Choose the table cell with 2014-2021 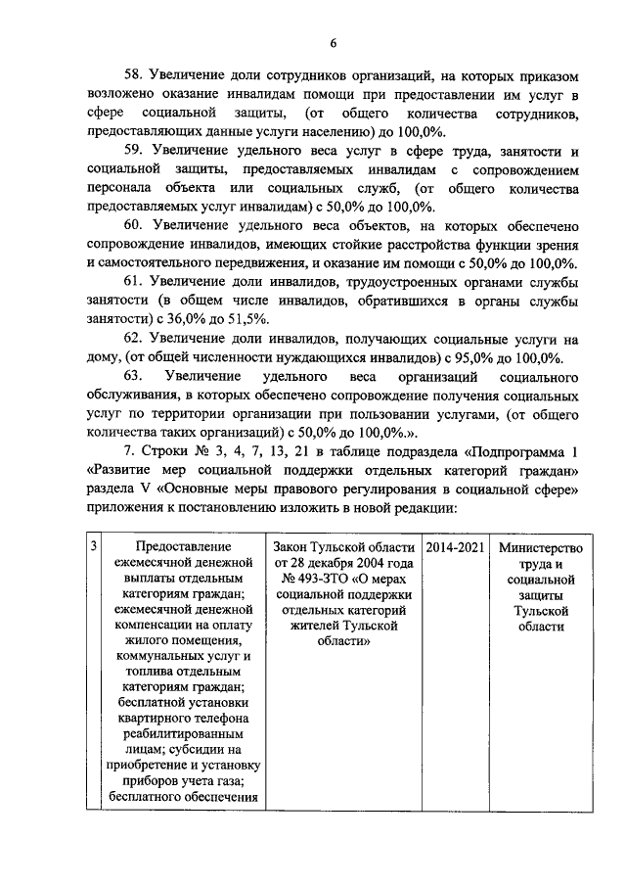tap(454, 547)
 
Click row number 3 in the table tap(93, 547)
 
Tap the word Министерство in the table tap(540, 547)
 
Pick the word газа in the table tap(223, 784)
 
